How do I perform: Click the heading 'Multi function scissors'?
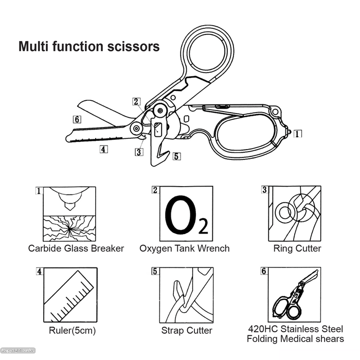coord(89,47)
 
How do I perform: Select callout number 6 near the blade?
coord(77,119)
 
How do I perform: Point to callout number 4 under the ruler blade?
coord(103,150)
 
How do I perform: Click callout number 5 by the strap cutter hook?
coord(176,156)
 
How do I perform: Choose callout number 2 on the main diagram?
coord(136,102)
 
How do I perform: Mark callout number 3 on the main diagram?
coord(139,152)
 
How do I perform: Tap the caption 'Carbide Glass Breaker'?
coord(76,249)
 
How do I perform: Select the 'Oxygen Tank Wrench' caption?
coord(185,249)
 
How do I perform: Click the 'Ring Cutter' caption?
coord(297,249)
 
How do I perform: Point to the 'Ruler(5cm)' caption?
coord(73,330)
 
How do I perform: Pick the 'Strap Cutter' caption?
coord(186,331)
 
